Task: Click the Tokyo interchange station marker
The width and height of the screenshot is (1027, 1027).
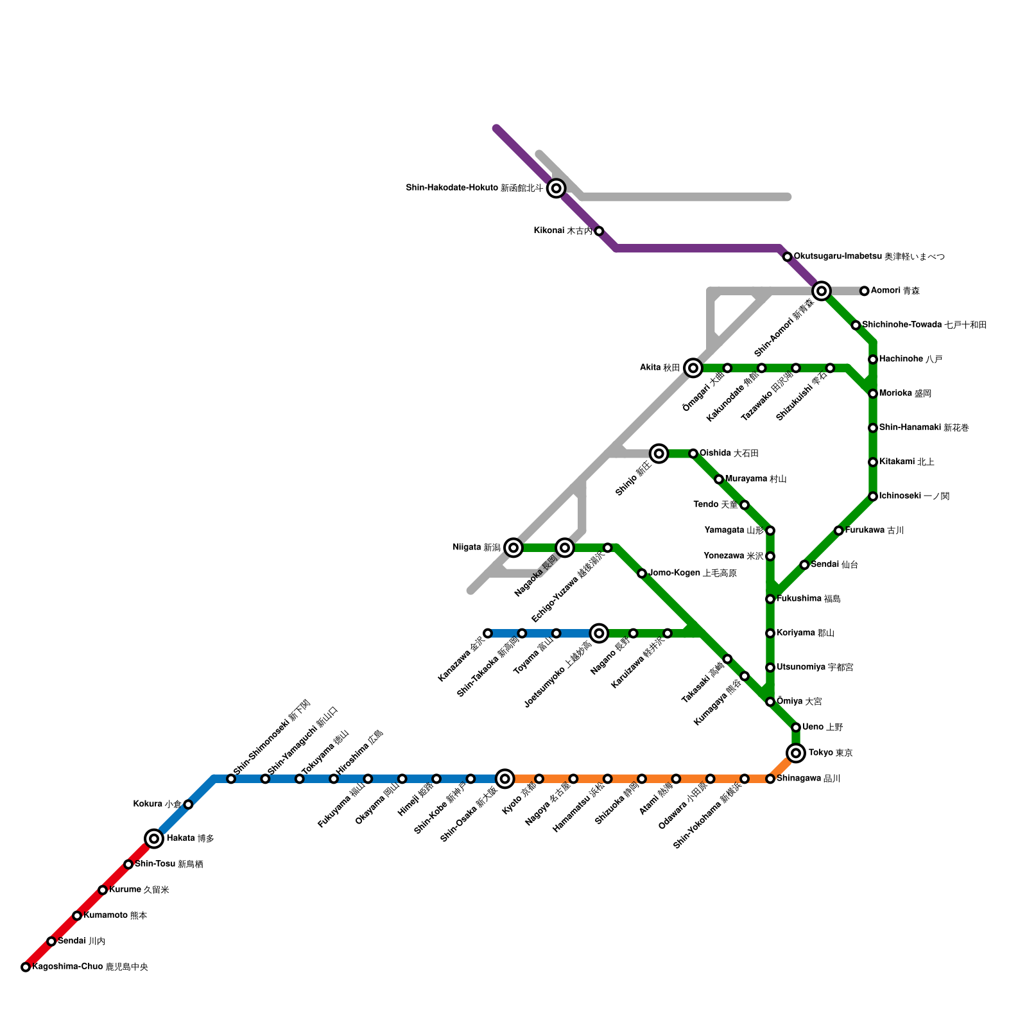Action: [x=796, y=753]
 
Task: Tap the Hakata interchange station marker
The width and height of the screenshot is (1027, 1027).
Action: [x=154, y=838]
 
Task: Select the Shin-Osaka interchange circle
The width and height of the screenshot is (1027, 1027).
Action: [x=505, y=779]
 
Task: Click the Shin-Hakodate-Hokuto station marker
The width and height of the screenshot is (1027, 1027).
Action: [x=557, y=188]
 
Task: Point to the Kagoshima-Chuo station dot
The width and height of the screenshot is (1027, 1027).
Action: [x=26, y=967]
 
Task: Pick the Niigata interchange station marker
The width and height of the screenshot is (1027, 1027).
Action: [x=513, y=548]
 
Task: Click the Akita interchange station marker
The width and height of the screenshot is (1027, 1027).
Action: [x=693, y=368]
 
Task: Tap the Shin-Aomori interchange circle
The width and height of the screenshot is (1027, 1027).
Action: [x=822, y=291]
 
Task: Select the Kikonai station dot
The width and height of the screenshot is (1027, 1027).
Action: [x=599, y=231]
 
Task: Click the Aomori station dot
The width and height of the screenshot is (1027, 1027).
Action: [x=865, y=291]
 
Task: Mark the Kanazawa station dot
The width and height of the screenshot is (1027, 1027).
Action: [x=488, y=634]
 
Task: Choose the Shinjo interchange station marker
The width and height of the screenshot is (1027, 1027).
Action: [x=659, y=454]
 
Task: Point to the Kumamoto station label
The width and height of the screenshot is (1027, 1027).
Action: [x=116, y=915]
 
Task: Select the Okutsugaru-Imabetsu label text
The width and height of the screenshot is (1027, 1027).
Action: [x=869, y=257]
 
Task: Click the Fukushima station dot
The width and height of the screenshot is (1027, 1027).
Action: [x=770, y=599]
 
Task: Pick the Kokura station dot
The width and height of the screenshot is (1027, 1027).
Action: [x=188, y=804]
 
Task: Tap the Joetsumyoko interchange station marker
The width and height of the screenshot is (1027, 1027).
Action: [x=599, y=634]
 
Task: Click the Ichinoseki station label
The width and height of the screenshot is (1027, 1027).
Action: [x=914, y=496]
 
